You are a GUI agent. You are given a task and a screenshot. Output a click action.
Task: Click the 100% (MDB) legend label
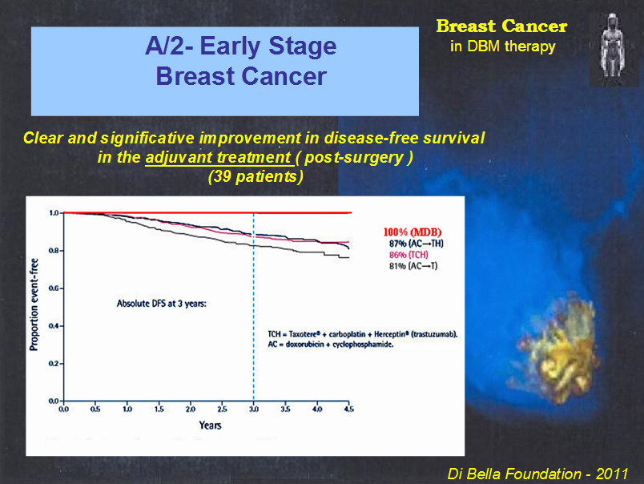coord(412,232)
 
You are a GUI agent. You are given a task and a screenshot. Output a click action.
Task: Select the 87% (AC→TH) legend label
coord(416,244)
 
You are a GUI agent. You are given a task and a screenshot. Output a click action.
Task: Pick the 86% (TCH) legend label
coord(409,255)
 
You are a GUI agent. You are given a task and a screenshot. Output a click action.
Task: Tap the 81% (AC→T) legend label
coord(413,266)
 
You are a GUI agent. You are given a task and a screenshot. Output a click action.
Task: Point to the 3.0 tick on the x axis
coord(254,409)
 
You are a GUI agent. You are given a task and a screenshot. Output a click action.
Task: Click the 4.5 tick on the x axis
coord(348,409)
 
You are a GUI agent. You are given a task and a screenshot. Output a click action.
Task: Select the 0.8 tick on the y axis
coord(54,251)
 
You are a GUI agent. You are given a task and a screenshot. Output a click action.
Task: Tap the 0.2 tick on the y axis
coord(54,364)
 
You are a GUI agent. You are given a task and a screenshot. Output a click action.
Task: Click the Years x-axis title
coord(211,426)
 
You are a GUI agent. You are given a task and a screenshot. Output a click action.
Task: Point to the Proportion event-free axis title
coord(34,305)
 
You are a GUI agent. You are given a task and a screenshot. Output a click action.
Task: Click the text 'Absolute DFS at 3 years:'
coord(162,304)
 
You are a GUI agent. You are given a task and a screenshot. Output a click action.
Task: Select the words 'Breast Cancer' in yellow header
coord(501,26)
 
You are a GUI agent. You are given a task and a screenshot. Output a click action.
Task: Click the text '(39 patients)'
coord(256,176)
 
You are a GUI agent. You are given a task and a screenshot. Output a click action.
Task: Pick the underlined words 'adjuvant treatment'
coord(218,158)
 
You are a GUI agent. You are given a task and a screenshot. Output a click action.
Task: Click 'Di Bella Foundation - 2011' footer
coord(537,474)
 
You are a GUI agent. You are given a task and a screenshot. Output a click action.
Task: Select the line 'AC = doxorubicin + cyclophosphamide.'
coord(331,345)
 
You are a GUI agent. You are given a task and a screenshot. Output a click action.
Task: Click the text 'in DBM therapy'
coord(503,46)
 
